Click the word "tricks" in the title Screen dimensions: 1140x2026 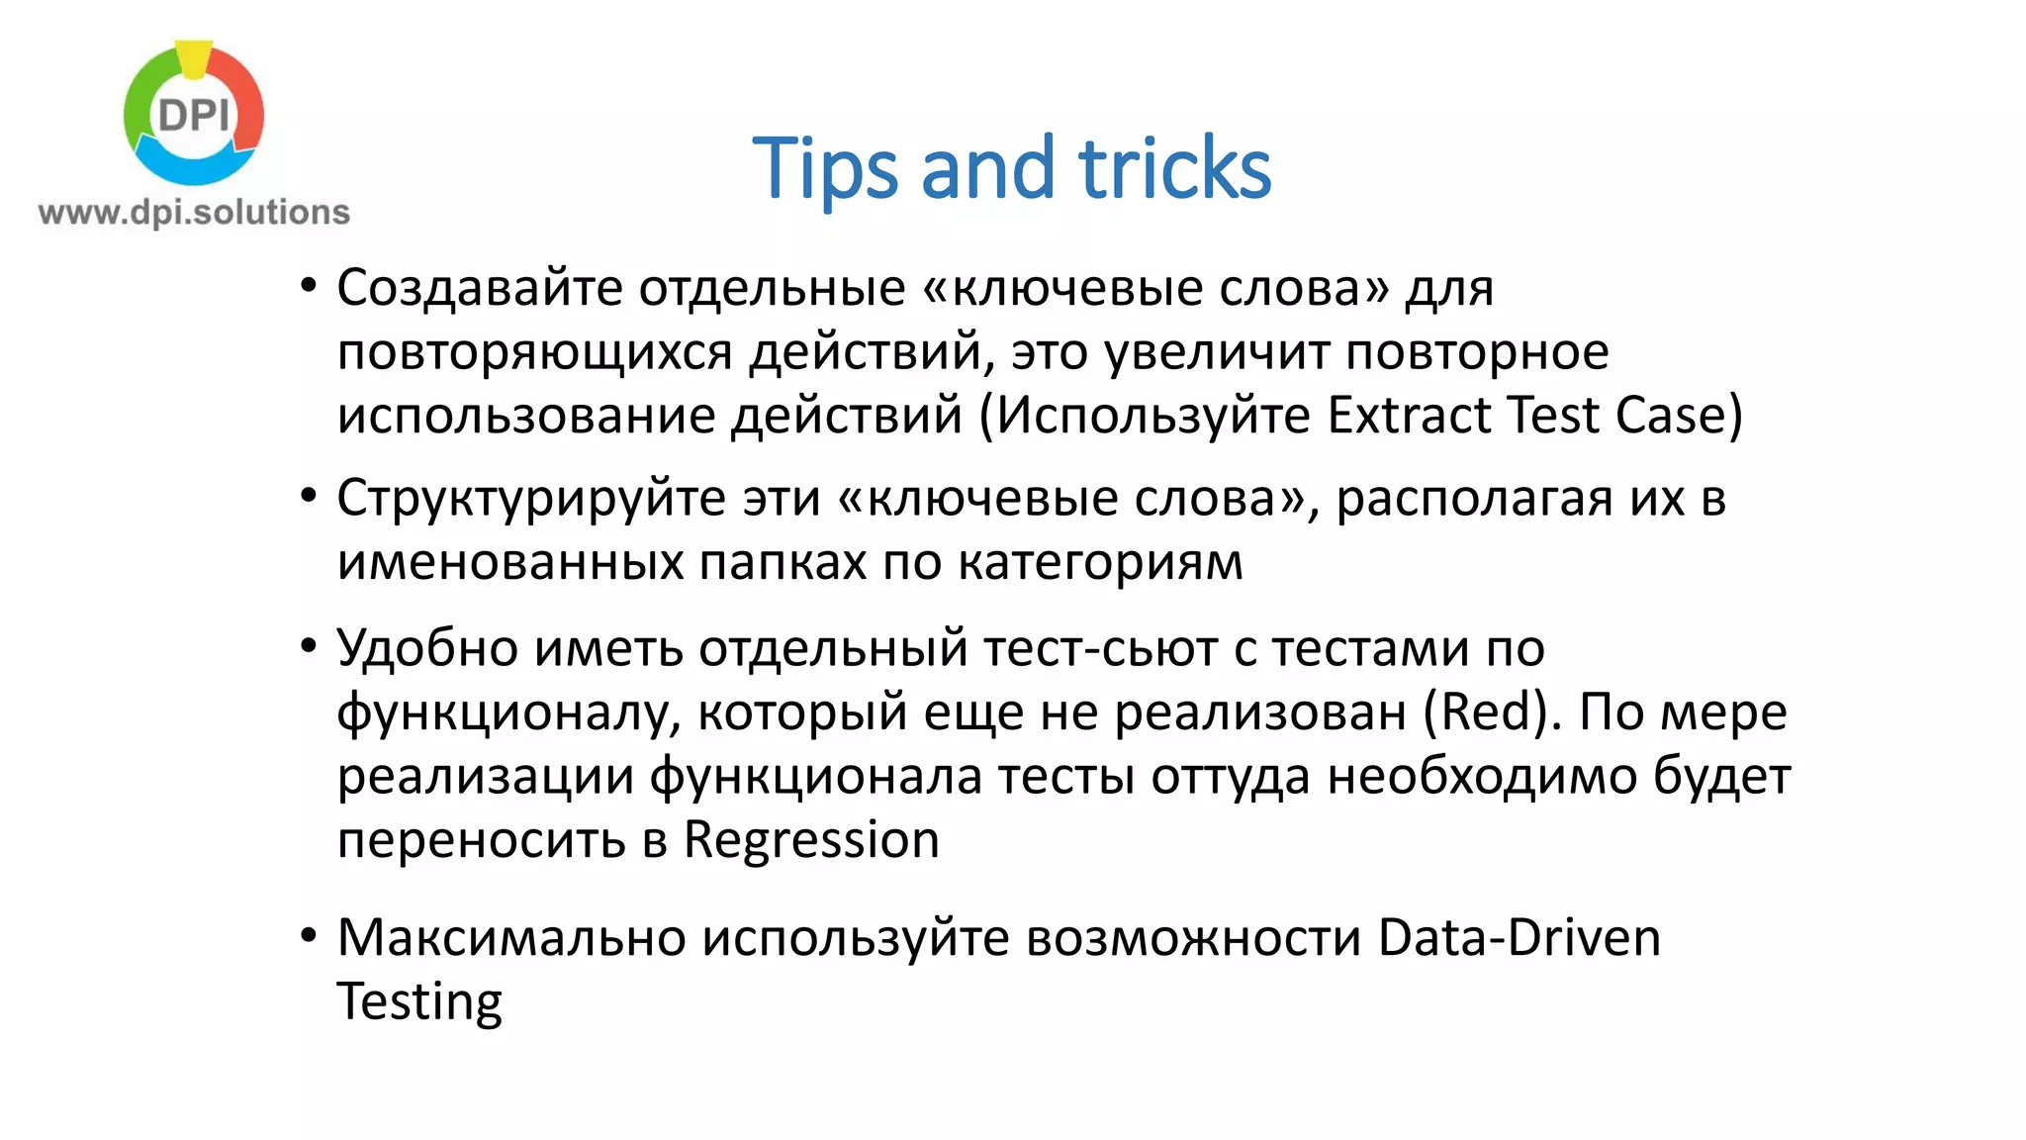[1174, 168]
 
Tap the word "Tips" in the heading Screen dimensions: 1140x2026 [825, 168]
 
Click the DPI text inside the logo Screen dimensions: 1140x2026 [194, 116]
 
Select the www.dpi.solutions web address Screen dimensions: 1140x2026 [194, 212]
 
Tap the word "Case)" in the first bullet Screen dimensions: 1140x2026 [1678, 415]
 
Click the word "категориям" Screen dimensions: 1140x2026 [1100, 562]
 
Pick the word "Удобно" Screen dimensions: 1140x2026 [427, 648]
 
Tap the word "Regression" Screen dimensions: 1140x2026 [811, 840]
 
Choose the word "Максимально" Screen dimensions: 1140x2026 [511, 937]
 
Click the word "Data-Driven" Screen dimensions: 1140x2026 [1519, 937]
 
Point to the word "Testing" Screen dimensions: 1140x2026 [419, 1001]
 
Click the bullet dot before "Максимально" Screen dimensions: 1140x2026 [309, 935]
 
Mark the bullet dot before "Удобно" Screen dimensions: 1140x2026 [309, 646]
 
